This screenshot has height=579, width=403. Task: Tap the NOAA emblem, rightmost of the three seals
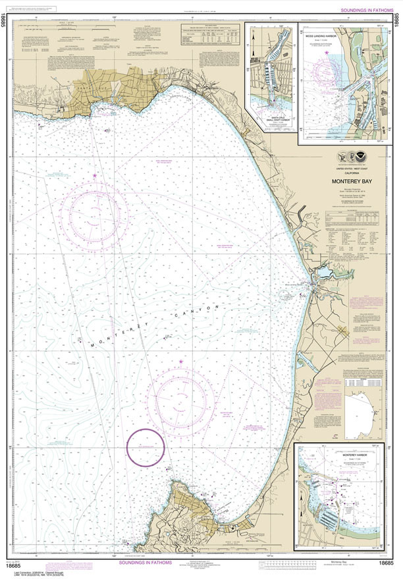coord(367,157)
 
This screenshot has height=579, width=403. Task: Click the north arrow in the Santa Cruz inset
coord(254,46)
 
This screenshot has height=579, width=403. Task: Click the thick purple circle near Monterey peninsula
coord(146,446)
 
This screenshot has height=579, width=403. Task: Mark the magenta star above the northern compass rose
coord(95,175)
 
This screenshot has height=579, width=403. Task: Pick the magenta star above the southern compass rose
coord(181,362)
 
